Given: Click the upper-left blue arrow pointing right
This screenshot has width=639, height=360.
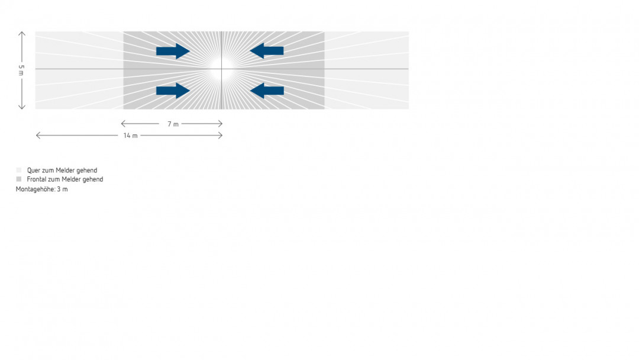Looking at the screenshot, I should coord(173,52).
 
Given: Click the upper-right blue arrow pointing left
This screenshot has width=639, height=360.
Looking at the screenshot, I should coord(267,52).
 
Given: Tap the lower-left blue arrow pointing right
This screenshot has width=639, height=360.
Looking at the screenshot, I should coord(173,91).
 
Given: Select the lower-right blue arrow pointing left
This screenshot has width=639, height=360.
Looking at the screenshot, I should coord(267,91).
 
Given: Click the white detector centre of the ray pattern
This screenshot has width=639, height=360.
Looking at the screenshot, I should coord(220,69).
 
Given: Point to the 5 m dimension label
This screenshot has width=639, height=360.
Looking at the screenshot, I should coord(21,70).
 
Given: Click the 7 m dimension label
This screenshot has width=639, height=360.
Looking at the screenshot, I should coord(172,124).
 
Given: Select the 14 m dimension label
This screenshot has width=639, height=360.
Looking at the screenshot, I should coord(130,136).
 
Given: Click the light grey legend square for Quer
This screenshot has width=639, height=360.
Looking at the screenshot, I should coord(19,171).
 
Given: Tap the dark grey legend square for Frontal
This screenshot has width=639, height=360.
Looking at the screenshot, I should coord(19,179).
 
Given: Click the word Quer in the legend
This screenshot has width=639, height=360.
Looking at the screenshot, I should coord(34,171).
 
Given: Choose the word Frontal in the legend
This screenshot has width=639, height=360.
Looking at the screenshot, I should coord(37,179).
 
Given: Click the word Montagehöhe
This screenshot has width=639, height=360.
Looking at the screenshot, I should coord(35,189).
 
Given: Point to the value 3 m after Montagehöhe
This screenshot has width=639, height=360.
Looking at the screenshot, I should coord(63,189).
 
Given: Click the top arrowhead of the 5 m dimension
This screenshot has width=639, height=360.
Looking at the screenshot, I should coord(22,33).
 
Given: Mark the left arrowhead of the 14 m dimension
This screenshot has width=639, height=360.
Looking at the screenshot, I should coord(38,136).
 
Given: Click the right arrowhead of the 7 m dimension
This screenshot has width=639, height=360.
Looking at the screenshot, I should coord(221,124).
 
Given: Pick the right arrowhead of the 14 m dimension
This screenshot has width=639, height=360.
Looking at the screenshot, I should coord(221,136).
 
